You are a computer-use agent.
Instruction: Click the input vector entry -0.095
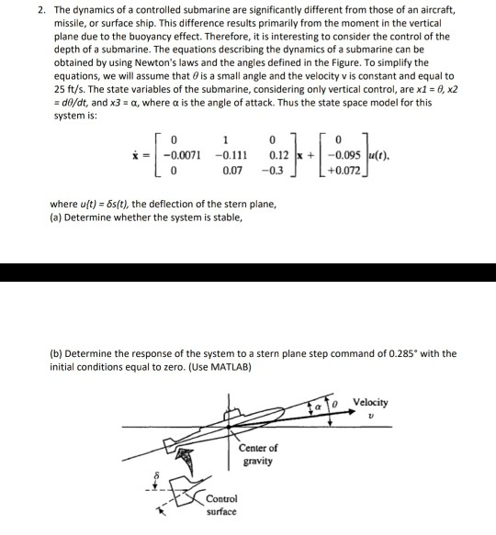point(346,154)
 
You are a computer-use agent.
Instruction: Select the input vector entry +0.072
point(346,171)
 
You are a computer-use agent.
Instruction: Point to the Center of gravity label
point(254,454)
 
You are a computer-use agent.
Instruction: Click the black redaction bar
point(248,273)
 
